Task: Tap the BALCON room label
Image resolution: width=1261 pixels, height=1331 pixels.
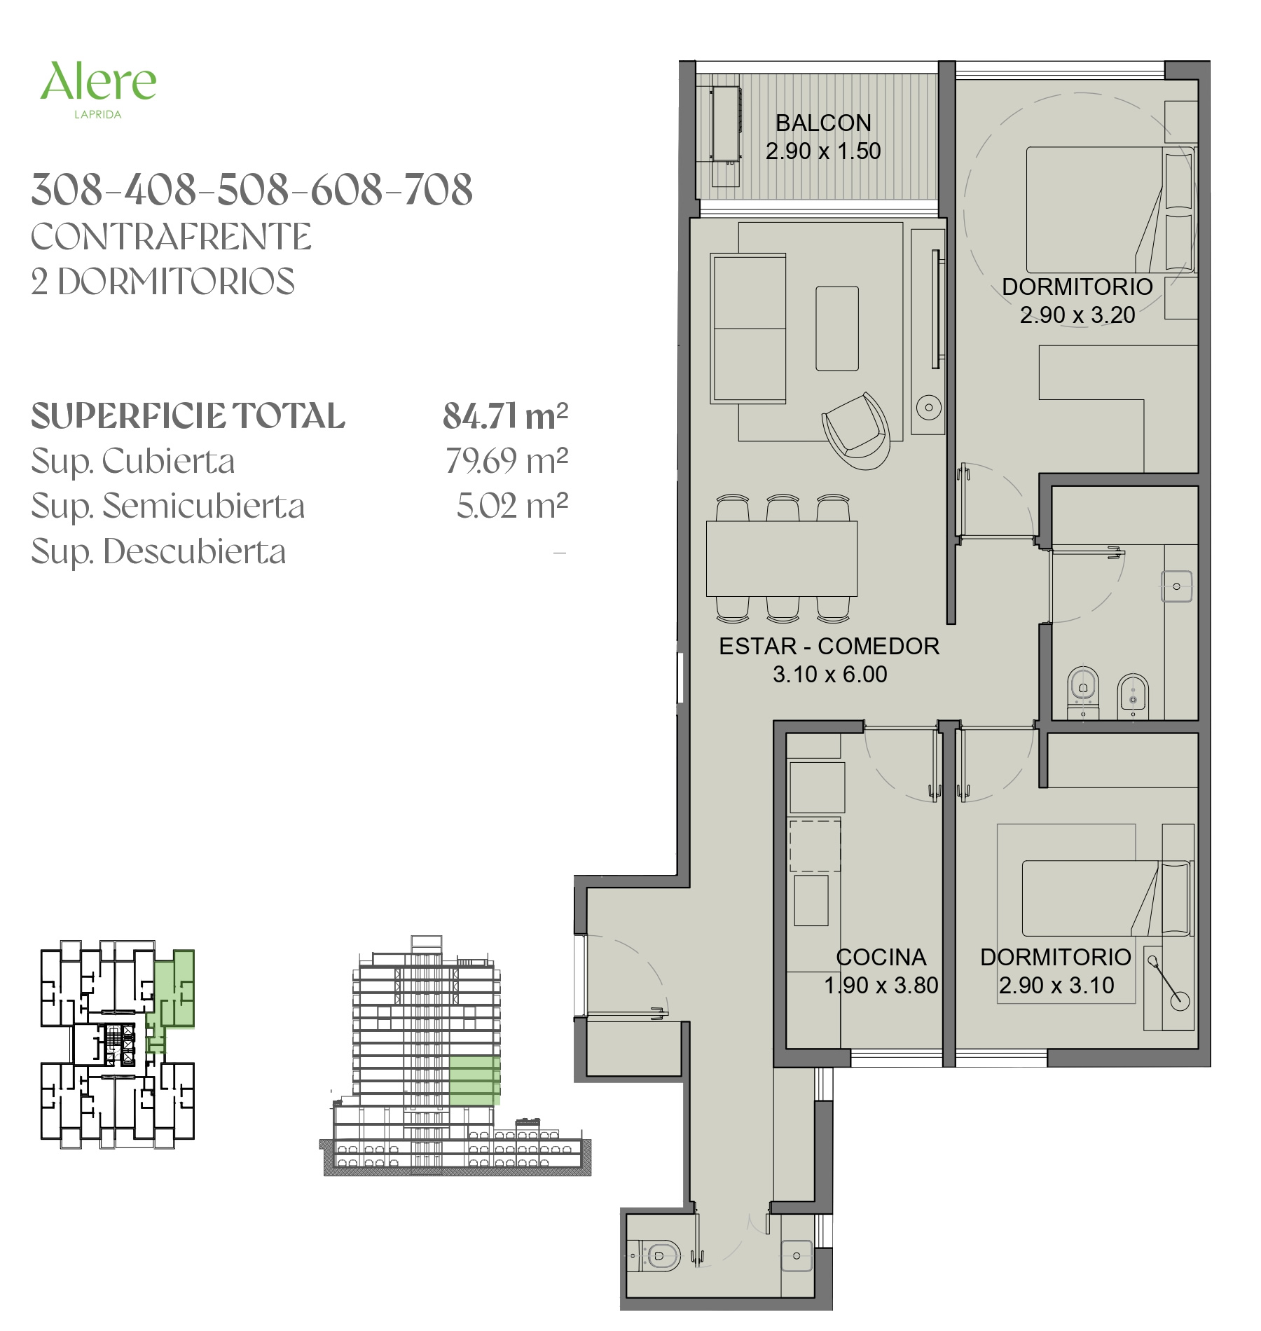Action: click(823, 123)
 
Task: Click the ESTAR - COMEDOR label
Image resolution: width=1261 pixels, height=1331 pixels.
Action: click(829, 646)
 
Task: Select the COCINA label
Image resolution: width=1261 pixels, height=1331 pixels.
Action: click(881, 957)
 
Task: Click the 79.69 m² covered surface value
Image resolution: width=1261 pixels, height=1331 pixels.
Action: click(507, 461)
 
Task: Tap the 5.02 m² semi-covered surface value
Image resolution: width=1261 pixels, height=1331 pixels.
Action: click(512, 506)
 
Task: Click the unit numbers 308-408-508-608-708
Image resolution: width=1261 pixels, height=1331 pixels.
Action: click(252, 190)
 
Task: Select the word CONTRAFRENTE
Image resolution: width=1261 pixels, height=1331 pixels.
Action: click(171, 237)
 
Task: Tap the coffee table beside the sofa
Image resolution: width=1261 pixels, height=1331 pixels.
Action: click(836, 328)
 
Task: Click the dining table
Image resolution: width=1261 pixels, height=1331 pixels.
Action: click(782, 558)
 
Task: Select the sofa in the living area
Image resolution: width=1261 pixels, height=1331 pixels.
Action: click(748, 329)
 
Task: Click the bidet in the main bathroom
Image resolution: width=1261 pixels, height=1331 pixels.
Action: click(1133, 696)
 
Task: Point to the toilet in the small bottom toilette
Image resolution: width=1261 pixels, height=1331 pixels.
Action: click(656, 1255)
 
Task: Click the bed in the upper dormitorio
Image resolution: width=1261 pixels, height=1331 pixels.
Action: click(1110, 209)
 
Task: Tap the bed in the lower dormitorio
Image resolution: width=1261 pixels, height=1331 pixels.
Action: click(1106, 898)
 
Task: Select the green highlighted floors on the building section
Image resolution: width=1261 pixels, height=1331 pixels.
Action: click(474, 1080)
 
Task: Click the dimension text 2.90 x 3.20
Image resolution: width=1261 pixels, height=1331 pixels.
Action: click(1077, 315)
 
